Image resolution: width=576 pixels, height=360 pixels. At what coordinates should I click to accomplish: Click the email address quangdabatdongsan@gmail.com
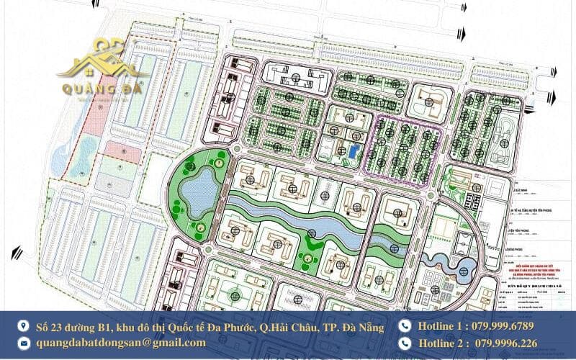(121, 343)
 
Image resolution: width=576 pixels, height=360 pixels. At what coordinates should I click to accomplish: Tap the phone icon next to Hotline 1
(405, 326)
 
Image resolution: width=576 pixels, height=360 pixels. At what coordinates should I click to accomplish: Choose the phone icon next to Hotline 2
(405, 343)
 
